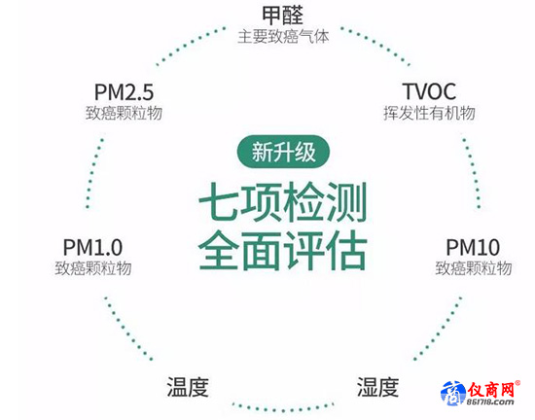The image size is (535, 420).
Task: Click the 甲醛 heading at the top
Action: pyautogui.click(x=282, y=16)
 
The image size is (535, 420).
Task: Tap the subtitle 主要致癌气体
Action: pyautogui.click(x=283, y=37)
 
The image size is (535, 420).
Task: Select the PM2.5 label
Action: pyautogui.click(x=124, y=92)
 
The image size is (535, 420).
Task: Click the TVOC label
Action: pyautogui.click(x=429, y=91)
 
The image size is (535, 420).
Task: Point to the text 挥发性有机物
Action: pyautogui.click(x=429, y=113)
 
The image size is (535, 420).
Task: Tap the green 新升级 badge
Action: pyautogui.click(x=283, y=152)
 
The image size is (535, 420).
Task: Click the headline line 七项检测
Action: pyautogui.click(x=283, y=202)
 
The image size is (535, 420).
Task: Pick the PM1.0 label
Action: pyautogui.click(x=92, y=248)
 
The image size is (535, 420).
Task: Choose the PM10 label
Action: pyautogui.click(x=473, y=248)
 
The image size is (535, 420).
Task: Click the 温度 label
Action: pyautogui.click(x=188, y=387)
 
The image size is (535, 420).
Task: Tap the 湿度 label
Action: pyautogui.click(x=377, y=387)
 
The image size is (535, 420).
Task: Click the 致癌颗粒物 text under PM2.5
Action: pyautogui.click(x=124, y=113)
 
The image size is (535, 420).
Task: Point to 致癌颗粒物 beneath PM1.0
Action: pyautogui.click(x=92, y=268)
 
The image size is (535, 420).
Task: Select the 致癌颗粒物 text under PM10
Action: pyautogui.click(x=474, y=268)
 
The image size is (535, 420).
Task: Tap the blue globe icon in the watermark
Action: pyautogui.click(x=453, y=393)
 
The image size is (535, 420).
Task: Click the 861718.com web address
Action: pyautogui.click(x=490, y=402)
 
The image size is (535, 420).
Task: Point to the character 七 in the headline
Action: pyautogui.click(x=219, y=202)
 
